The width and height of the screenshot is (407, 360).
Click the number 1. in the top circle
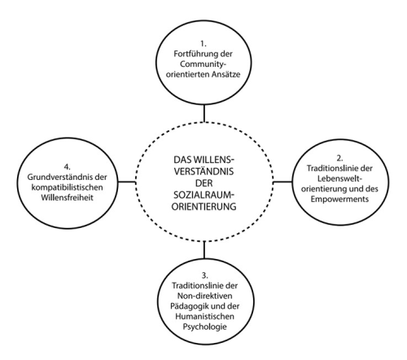pos(203,44)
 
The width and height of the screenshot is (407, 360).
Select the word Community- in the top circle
pos(203,64)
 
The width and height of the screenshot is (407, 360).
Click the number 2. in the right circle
pos(339,158)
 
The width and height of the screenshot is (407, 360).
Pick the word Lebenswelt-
pos(340,178)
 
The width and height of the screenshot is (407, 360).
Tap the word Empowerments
pos(339,200)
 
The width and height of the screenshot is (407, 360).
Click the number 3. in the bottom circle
pos(205,275)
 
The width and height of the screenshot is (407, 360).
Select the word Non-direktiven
pos(205,296)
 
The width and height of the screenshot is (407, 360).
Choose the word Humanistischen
pos(204,316)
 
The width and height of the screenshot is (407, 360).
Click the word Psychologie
pos(204,327)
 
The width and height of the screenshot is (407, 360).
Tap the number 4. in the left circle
pos(67,167)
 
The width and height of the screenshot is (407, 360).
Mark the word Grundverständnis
pos(60,178)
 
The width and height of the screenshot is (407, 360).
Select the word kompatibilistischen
pos(67,187)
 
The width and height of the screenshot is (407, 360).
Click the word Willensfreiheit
pos(67,198)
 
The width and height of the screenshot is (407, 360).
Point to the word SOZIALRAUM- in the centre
pos(203,195)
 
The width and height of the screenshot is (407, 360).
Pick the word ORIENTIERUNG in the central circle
pos(203,207)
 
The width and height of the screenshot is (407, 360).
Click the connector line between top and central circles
pos(203,113)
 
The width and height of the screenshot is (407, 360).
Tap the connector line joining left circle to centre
pos(127,182)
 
